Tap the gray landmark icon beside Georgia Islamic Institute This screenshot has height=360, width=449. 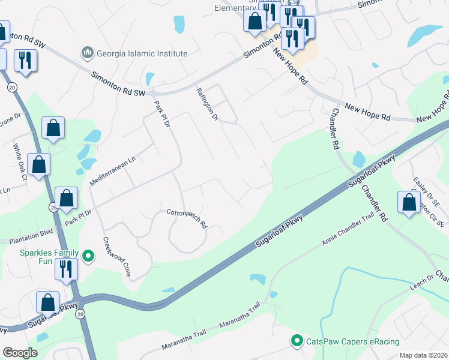click(88, 53)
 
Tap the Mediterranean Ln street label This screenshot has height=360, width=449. click(113, 170)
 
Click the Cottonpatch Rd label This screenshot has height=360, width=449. click(187, 218)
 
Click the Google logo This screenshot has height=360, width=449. click(20, 353)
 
